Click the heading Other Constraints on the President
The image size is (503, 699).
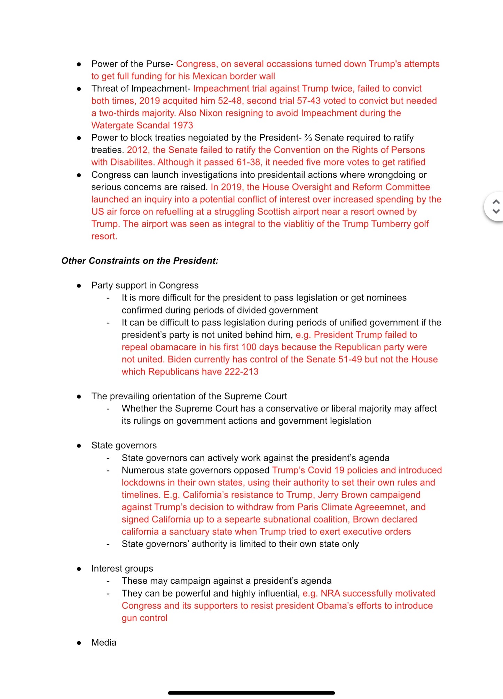140,261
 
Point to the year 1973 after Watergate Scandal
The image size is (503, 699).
183,125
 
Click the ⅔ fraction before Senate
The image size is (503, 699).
308,138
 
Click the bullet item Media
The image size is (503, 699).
104,642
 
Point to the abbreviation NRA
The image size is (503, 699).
330,593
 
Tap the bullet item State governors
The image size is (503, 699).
124,445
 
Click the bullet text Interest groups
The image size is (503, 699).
122,568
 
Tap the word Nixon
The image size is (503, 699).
211,113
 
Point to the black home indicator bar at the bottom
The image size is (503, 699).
251,693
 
